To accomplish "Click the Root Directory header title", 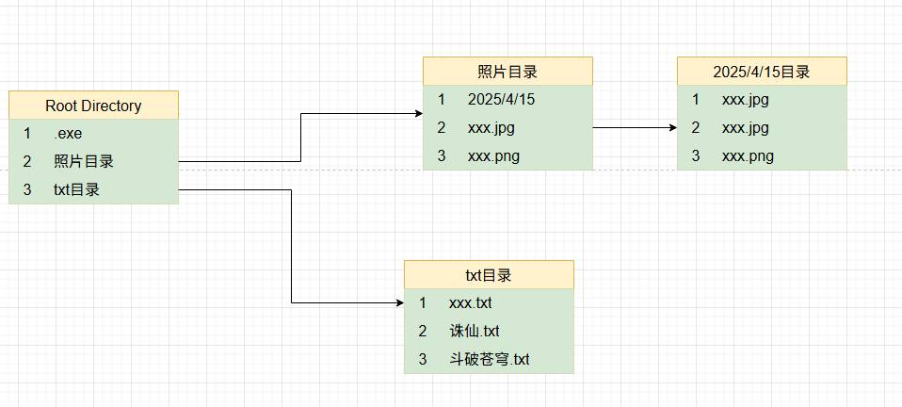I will click(x=93, y=106).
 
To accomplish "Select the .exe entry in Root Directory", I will click(x=68, y=134).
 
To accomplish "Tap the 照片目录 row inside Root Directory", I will click(x=84, y=162).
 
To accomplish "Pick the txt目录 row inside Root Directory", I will click(x=76, y=189).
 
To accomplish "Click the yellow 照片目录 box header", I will click(x=507, y=72).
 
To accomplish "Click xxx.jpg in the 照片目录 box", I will click(x=491, y=128).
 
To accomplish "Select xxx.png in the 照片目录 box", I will click(x=492, y=156).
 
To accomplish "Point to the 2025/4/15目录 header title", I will click(x=762, y=72).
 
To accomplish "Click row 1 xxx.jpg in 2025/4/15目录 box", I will click(x=746, y=99).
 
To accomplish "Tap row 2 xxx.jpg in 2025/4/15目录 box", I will click(x=746, y=128).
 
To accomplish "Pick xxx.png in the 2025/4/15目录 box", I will click(x=748, y=156).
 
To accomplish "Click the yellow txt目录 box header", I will click(x=489, y=275).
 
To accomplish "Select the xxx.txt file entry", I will click(x=470, y=302).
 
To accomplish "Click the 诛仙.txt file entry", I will click(x=474, y=331).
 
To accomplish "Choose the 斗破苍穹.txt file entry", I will click(x=490, y=359).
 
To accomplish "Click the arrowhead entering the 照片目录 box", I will click(x=417, y=114).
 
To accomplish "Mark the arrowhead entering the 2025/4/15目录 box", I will click(x=671, y=127).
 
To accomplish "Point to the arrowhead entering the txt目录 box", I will click(x=398, y=303).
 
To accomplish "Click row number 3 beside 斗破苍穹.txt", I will click(x=423, y=359).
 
